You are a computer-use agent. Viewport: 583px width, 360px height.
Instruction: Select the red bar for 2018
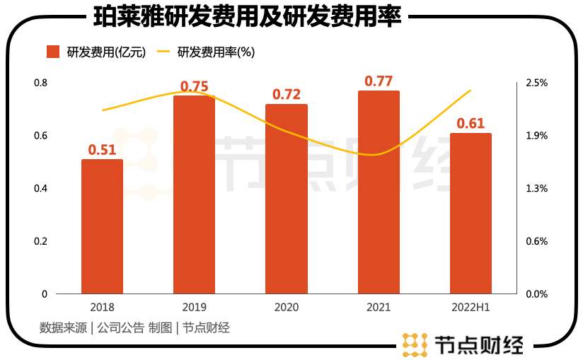[102, 226]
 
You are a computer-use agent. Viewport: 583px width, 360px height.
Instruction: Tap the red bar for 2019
[194, 194]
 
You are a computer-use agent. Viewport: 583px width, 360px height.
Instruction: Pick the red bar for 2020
[286, 199]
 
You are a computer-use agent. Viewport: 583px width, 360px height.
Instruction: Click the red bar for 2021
[379, 192]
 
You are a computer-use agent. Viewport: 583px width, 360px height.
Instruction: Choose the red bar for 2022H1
[471, 214]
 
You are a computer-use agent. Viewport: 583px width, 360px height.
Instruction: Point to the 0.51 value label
[102, 149]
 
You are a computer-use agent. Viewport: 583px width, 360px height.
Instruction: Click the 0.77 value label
[379, 81]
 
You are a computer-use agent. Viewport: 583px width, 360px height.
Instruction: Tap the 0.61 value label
[471, 124]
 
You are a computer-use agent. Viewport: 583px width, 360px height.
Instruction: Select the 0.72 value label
[287, 94]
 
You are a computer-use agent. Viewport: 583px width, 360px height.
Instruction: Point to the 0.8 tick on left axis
[41, 83]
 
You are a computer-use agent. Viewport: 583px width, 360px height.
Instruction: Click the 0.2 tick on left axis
[41, 241]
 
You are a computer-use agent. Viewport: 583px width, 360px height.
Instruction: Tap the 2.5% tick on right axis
[537, 83]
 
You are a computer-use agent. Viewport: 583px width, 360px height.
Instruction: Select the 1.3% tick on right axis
[537, 188]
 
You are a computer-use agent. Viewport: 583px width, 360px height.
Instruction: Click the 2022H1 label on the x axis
[471, 308]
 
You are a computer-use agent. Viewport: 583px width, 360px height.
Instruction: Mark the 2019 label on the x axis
[194, 308]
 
